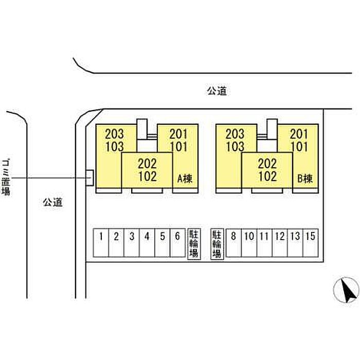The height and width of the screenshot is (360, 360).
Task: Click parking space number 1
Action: pos(101,243)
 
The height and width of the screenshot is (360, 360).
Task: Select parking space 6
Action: pos(177,243)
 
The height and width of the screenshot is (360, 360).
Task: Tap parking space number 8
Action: pos(233,243)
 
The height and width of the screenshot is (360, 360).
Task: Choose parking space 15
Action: pos(311,243)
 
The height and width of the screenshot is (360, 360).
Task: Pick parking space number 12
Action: pos(280,243)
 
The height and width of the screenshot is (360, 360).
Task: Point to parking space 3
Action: pos(132,243)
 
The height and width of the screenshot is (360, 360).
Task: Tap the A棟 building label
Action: pos(185,178)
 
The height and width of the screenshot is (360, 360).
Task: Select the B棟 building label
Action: pos(305,178)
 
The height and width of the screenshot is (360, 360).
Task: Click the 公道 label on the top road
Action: pos(217,91)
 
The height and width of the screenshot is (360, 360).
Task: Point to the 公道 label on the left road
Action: pos(52,202)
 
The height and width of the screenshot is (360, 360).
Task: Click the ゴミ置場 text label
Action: pos(6,177)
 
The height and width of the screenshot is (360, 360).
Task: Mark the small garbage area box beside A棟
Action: pos(89,178)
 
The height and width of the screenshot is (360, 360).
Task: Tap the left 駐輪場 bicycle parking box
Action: pos(194,244)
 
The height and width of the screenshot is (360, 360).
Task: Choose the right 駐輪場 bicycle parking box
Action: pos(217,244)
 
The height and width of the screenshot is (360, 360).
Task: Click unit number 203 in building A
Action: pos(114,134)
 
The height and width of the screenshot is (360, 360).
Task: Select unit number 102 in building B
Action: pos(267,176)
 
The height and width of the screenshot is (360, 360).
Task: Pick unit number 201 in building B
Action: pos(299,134)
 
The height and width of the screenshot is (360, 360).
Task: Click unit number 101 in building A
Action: pos(178,147)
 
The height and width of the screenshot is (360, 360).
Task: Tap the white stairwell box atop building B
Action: pos(272,129)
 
